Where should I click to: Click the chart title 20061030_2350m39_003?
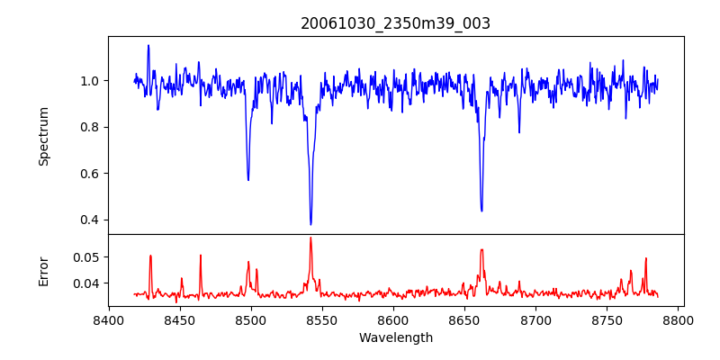pyautogui.click(x=395, y=23)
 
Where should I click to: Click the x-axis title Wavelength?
pyautogui.click(x=395, y=337)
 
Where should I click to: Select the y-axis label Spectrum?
pyautogui.click(x=43, y=136)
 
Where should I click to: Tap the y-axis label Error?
pyautogui.click(x=43, y=270)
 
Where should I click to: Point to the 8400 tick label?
pyautogui.click(x=109, y=319)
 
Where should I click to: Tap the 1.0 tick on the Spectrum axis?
pyautogui.click(x=91, y=81)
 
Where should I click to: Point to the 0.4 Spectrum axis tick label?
pyautogui.click(x=91, y=220)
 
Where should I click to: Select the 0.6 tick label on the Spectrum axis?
pyautogui.click(x=91, y=174)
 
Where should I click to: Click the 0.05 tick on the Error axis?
pyautogui.click(x=88, y=257)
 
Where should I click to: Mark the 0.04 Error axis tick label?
pyautogui.click(x=88, y=283)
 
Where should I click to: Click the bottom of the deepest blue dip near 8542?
pyautogui.click(x=310, y=224)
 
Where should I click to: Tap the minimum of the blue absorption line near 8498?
pyautogui.click(x=248, y=180)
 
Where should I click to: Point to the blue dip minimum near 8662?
pyautogui.click(x=481, y=211)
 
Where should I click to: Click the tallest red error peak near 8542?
pyautogui.click(x=310, y=238)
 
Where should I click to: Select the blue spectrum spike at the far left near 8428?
pyautogui.click(x=148, y=45)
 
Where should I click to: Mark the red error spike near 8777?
pyautogui.click(x=645, y=258)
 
